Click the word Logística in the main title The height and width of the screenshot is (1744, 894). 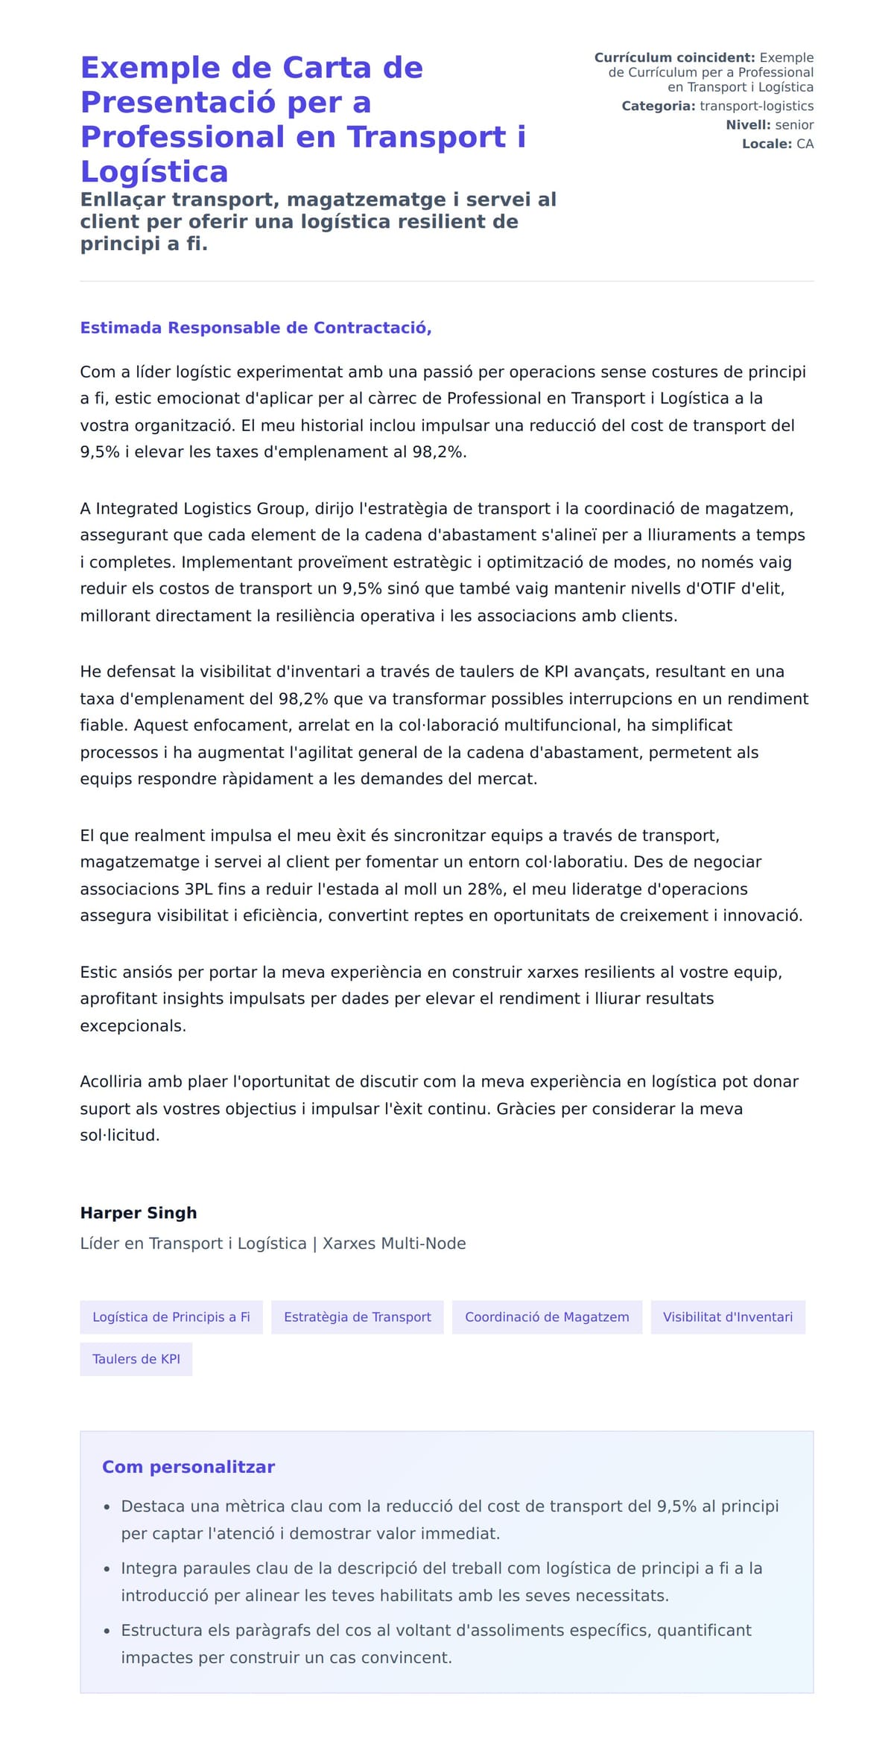point(153,172)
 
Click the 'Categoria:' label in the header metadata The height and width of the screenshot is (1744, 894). point(658,106)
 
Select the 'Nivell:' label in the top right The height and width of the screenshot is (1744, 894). point(748,125)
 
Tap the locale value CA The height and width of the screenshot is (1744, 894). point(805,144)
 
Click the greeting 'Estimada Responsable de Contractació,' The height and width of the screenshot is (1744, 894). point(256,328)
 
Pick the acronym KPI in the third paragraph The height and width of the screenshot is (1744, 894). point(556,672)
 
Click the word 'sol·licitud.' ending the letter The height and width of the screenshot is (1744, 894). point(120,1136)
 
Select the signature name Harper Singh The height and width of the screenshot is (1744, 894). point(139,1213)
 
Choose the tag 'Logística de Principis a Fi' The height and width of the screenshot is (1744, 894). point(171,1317)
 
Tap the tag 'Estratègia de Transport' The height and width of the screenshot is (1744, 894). point(358,1317)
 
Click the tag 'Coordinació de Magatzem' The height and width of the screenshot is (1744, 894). point(547,1317)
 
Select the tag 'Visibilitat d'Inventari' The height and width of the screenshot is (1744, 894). point(728,1317)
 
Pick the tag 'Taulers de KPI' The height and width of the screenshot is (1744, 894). point(136,1359)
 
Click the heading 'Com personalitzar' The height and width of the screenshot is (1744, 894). point(188,1467)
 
